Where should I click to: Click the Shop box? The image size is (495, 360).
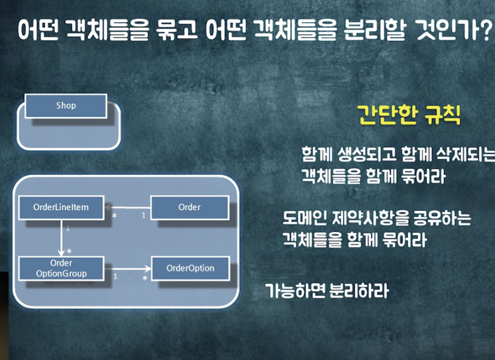point(66,106)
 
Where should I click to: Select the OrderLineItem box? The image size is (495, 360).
point(61,207)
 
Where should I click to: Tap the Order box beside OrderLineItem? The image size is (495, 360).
point(190,207)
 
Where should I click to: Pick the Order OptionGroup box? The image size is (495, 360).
point(61,269)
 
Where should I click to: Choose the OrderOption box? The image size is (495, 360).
point(190,269)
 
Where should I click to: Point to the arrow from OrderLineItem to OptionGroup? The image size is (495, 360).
point(61,238)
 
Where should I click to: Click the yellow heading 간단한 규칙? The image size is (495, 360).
point(408,115)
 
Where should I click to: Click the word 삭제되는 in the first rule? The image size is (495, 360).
point(464,155)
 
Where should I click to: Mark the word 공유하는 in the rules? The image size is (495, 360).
point(441,219)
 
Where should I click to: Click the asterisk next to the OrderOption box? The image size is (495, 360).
point(145,278)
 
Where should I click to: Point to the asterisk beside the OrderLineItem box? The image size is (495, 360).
point(115,216)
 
